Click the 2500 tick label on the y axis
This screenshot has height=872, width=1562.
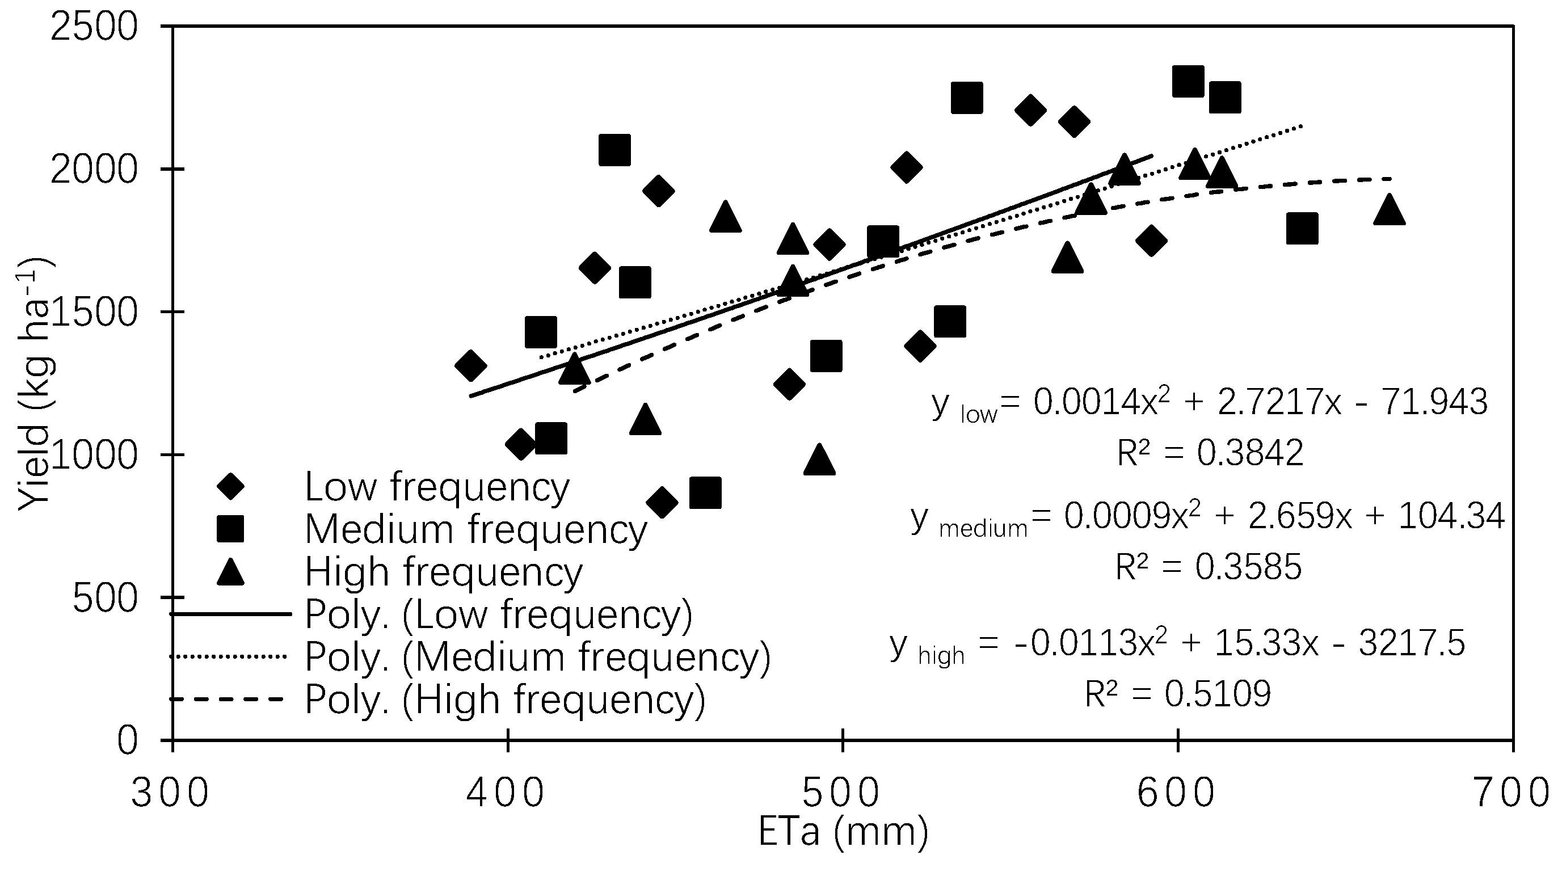[x=94, y=27]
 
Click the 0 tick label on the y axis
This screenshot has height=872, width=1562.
[x=127, y=741]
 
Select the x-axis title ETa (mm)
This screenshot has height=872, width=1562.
[x=843, y=832]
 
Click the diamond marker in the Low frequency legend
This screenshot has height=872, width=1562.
[x=231, y=486]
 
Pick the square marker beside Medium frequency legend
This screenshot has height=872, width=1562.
[x=231, y=529]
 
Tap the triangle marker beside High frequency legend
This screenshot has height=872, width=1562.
[x=231, y=572]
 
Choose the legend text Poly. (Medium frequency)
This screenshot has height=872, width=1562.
[x=537, y=657]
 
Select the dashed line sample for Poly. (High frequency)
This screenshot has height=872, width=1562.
[x=228, y=699]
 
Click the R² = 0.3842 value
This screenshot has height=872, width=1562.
[x=1210, y=452]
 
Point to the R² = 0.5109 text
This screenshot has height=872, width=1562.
[x=1177, y=694]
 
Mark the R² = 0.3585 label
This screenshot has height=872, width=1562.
[x=1209, y=567]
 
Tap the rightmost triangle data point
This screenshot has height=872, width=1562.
[x=1389, y=210]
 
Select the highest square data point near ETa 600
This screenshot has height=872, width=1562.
[x=1188, y=81]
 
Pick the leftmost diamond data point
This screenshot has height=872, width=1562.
[x=470, y=365]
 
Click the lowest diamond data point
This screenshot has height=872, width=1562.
[x=662, y=502]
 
